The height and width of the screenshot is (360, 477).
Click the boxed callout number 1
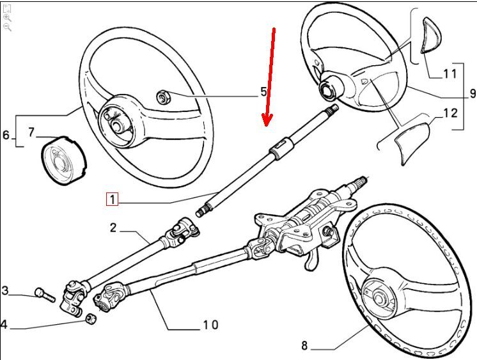(x=113, y=200)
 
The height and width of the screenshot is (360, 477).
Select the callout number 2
(x=113, y=228)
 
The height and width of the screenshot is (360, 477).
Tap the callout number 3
(x=5, y=292)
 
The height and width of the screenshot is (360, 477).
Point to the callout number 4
(x=4, y=325)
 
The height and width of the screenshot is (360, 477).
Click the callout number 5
(x=263, y=92)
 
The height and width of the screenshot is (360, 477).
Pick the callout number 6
(x=6, y=136)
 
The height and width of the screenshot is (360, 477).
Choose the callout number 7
(x=31, y=133)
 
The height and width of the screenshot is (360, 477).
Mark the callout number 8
(x=304, y=346)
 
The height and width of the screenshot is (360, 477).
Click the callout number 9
(x=473, y=93)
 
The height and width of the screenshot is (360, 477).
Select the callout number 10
(x=210, y=325)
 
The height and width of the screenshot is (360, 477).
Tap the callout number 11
(x=450, y=73)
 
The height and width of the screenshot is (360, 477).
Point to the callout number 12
(x=450, y=114)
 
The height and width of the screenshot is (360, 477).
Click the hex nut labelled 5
(x=162, y=98)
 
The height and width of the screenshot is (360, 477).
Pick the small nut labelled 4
(x=91, y=318)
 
